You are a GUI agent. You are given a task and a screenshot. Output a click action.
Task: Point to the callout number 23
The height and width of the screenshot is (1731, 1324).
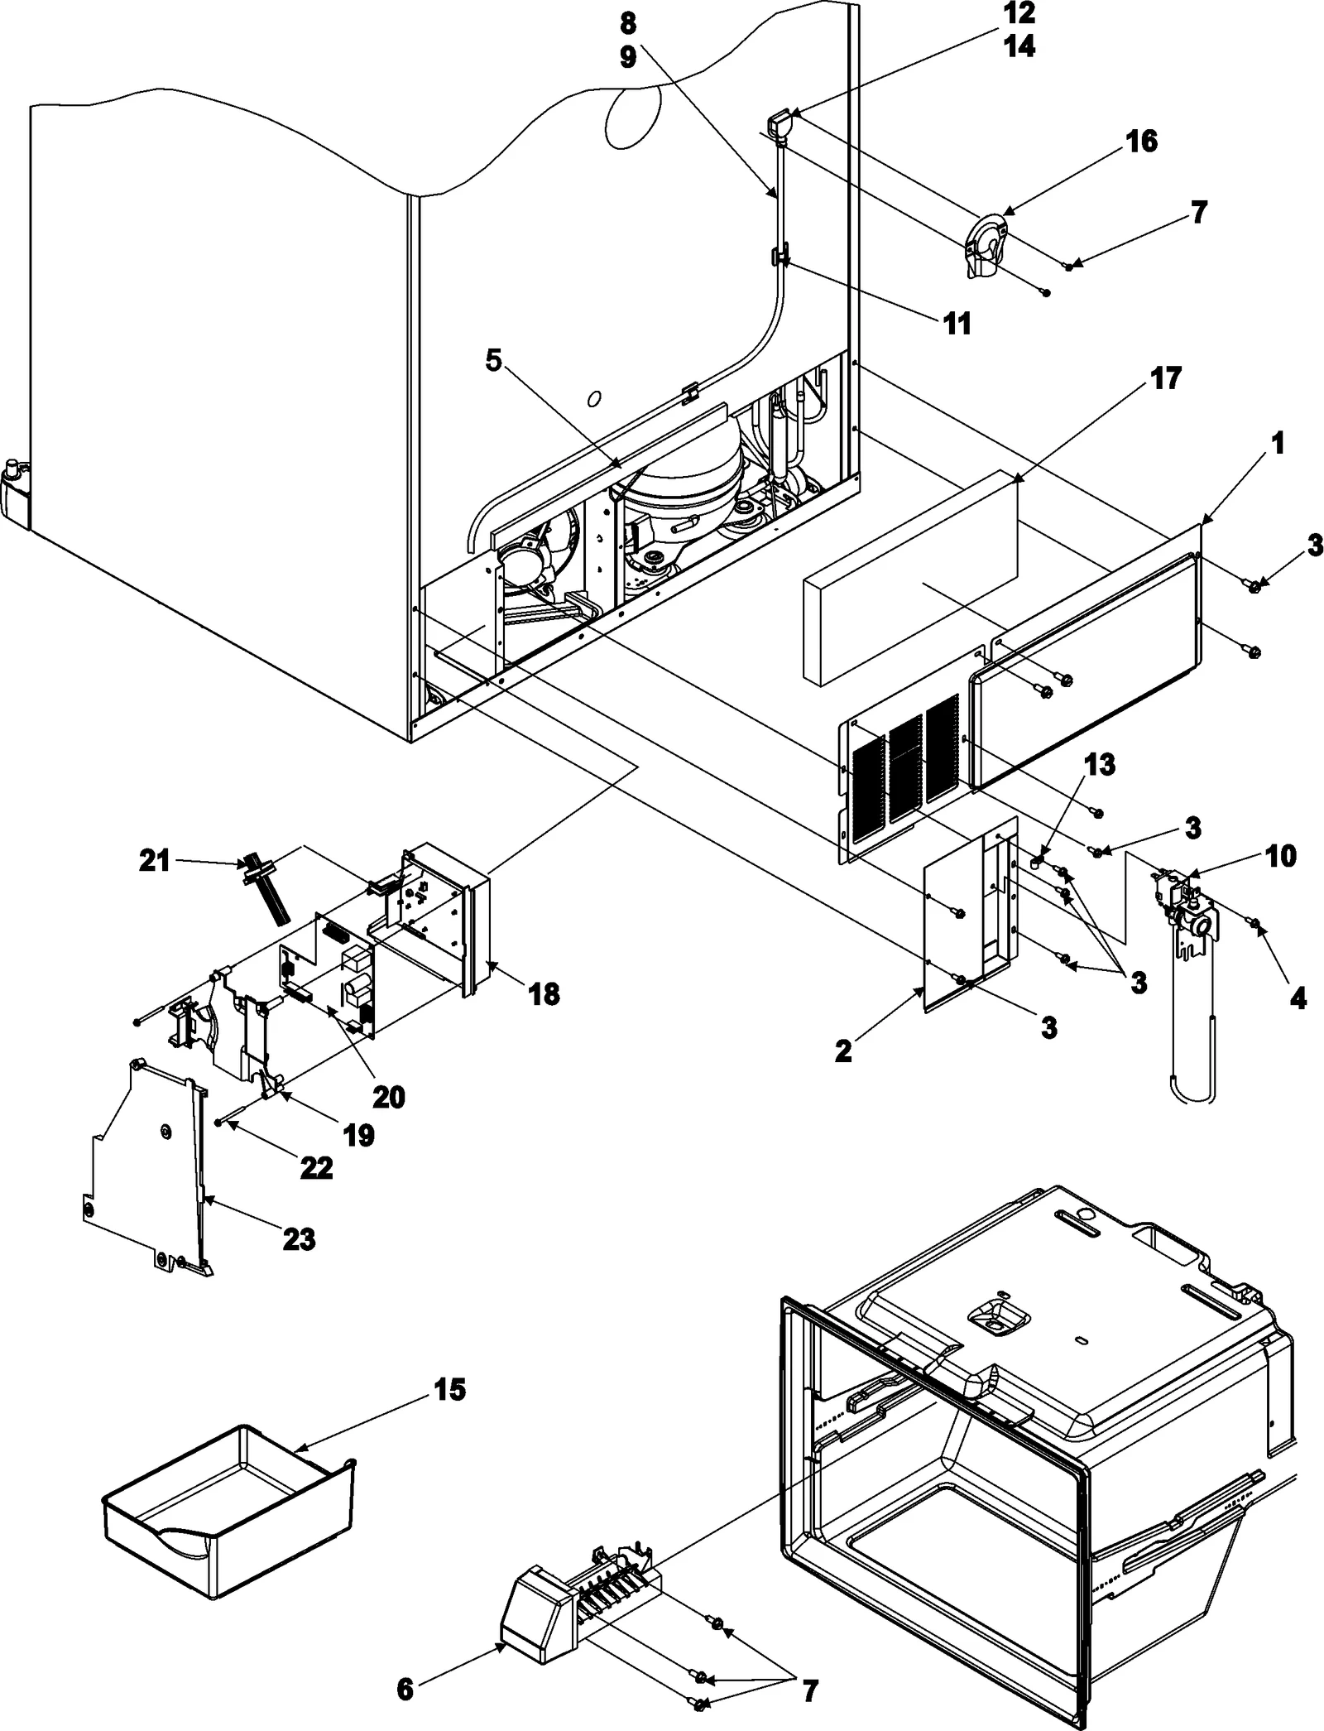pyautogui.click(x=299, y=1239)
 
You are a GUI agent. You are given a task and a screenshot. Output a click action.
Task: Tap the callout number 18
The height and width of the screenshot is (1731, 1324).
pyautogui.click(x=544, y=993)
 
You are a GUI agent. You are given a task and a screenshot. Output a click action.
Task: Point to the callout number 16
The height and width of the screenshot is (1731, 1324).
pyautogui.click(x=1141, y=142)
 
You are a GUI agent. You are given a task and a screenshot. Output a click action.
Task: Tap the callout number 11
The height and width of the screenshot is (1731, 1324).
pyautogui.click(x=957, y=324)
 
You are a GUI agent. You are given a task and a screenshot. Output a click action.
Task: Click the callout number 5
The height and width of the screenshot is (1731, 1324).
pyautogui.click(x=493, y=361)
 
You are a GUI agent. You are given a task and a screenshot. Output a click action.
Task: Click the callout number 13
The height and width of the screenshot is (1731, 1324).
pyautogui.click(x=1100, y=765)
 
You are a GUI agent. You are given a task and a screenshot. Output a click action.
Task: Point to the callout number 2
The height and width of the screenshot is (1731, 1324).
pyautogui.click(x=843, y=1051)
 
